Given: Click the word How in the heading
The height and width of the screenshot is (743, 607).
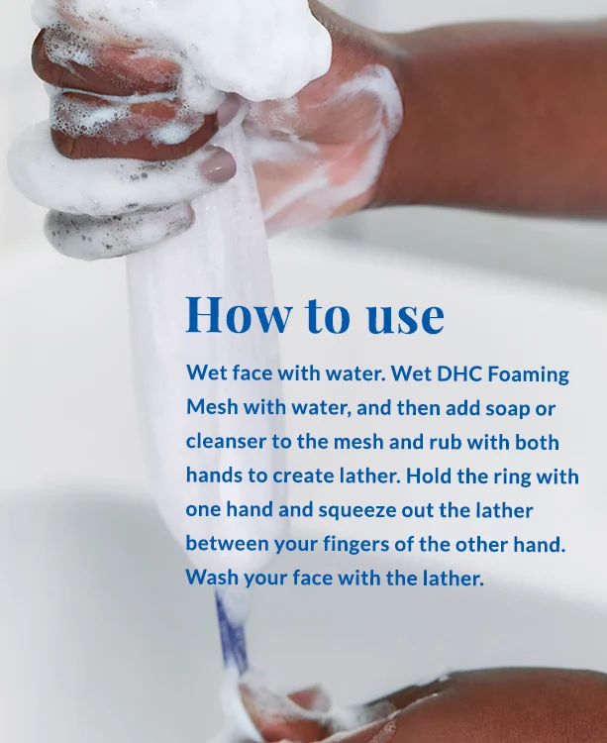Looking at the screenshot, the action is [x=239, y=314].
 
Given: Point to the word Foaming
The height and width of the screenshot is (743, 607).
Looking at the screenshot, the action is [x=528, y=375].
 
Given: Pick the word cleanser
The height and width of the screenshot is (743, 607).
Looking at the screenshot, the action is [x=226, y=442].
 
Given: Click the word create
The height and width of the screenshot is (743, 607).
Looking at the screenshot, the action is [x=303, y=476].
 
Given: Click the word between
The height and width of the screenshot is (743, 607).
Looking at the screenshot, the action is [x=228, y=544].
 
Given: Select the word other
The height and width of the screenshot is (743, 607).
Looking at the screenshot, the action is [x=481, y=544].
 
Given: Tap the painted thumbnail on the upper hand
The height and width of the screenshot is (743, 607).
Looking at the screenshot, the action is [x=217, y=165].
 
